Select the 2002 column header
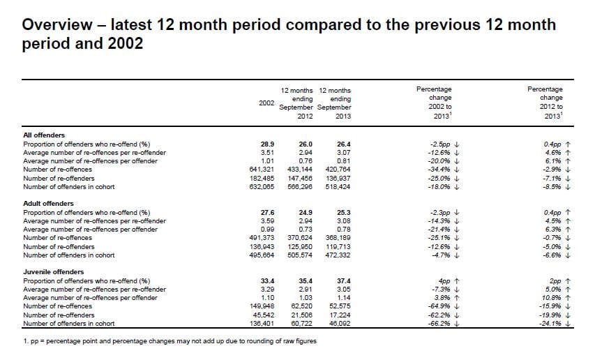click(266, 103)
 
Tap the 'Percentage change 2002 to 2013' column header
click(434, 103)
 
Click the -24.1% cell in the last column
click(551, 324)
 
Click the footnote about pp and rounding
click(170, 341)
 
